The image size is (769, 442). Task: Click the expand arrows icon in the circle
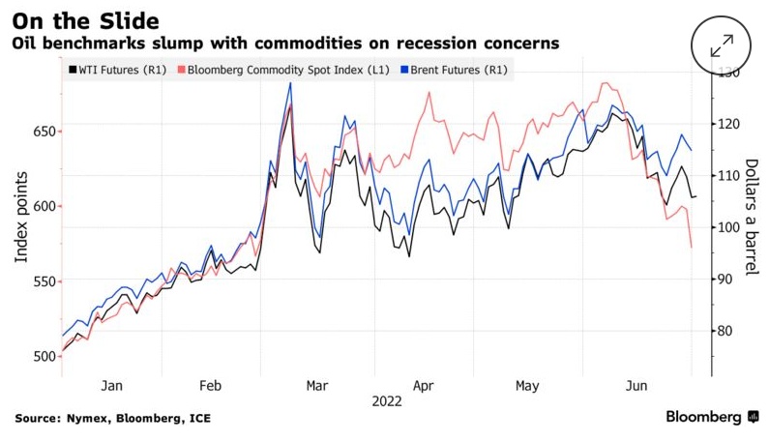click(x=722, y=44)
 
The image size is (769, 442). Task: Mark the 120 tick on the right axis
click(x=726, y=124)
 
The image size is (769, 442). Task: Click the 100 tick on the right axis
click(x=726, y=227)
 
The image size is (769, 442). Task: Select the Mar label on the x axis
click(x=317, y=385)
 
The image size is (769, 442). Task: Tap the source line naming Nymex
click(x=112, y=418)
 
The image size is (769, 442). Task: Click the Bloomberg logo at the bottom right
click(x=711, y=417)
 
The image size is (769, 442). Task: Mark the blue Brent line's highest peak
click(x=290, y=83)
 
